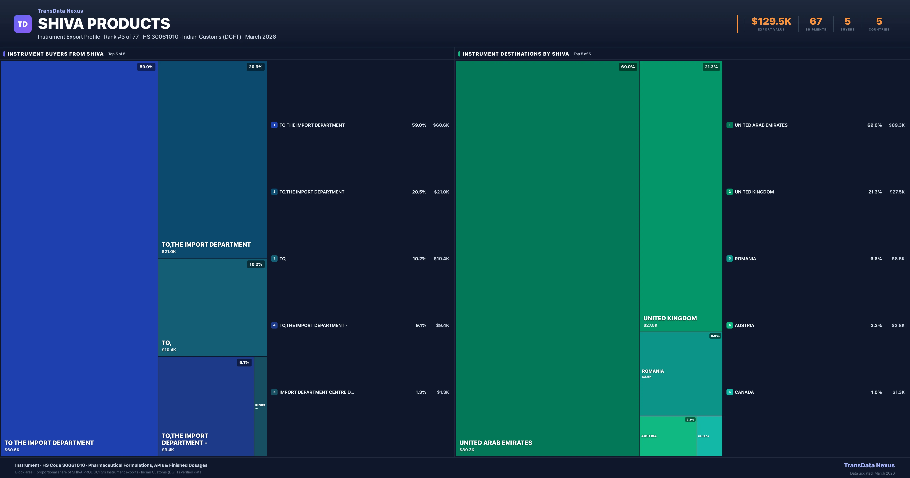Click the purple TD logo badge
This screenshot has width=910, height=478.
[x=23, y=24]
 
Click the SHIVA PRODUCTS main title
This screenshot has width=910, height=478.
[x=104, y=24]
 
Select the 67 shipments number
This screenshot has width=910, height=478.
[x=816, y=22]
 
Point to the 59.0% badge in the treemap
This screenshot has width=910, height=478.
[x=146, y=67]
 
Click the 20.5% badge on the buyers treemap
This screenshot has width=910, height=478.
[x=255, y=67]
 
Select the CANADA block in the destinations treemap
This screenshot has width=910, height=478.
[x=709, y=436]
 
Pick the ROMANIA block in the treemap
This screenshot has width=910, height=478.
[x=681, y=374]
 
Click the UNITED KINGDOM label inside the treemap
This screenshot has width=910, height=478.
[x=670, y=318]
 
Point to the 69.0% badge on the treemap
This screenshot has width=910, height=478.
[x=628, y=67]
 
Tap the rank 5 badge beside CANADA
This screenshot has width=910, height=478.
[x=730, y=392]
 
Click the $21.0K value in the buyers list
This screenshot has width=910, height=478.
[x=441, y=192]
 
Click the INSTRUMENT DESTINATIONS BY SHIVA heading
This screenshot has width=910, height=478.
[x=515, y=54]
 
